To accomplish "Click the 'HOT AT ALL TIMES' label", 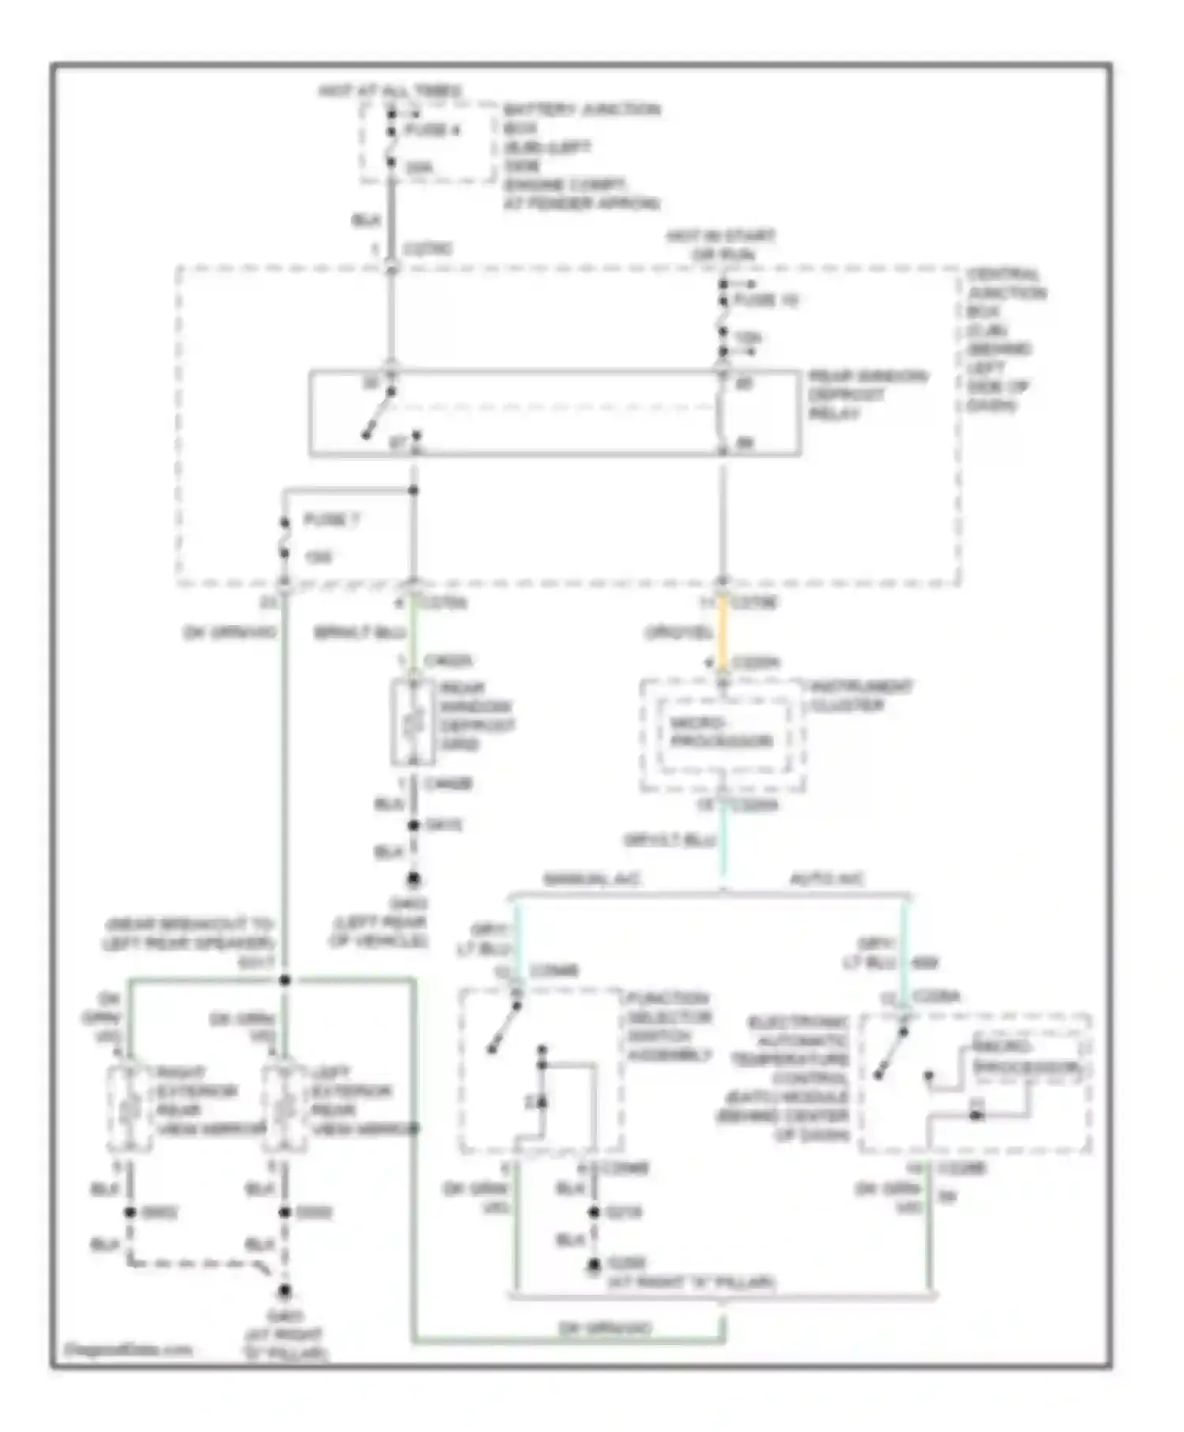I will point(389,92).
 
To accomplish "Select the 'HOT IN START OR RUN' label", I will point(721,245).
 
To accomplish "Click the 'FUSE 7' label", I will point(331,520).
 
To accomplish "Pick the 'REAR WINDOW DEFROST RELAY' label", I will point(868,395).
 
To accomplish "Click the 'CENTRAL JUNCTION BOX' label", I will point(1006,293).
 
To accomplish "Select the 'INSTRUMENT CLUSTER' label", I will point(861,695).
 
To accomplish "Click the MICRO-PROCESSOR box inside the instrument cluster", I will point(721,733).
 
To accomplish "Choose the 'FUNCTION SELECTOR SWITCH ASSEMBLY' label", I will point(669,1026).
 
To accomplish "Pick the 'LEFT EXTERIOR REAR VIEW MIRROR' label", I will point(363,1101).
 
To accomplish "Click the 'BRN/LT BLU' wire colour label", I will point(360,633).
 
